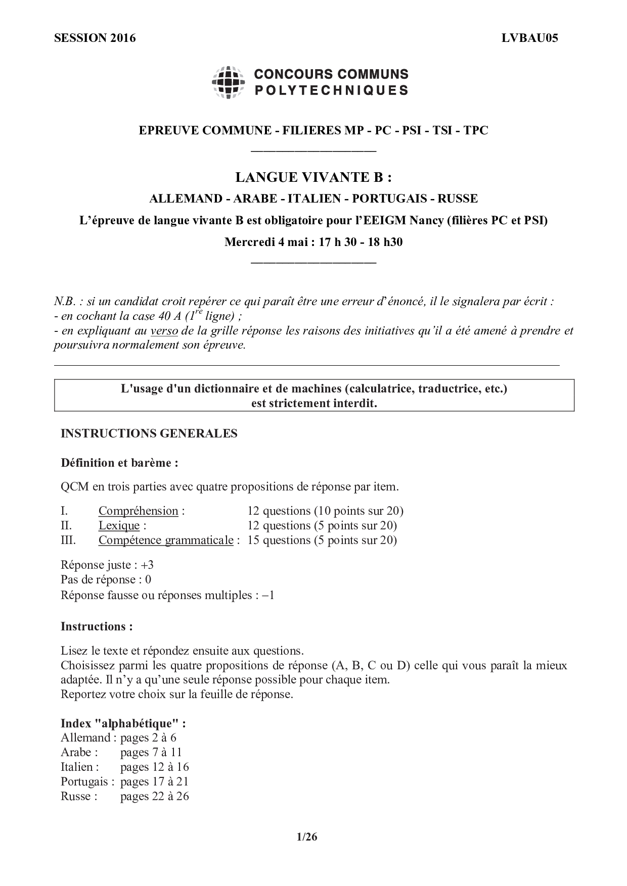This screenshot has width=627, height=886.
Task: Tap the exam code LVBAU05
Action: tap(529, 38)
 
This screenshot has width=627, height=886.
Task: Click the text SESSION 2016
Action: tap(95, 38)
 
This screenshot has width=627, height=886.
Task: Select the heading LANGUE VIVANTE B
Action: tap(313, 177)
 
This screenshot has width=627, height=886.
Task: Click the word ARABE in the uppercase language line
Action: tap(255, 199)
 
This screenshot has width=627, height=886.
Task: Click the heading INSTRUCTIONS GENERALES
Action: tap(149, 433)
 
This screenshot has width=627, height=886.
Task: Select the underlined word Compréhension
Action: tap(138, 511)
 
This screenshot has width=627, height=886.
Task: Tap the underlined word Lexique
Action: tap(119, 525)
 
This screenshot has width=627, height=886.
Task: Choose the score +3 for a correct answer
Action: tap(147, 565)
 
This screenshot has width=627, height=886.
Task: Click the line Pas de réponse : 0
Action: tap(106, 579)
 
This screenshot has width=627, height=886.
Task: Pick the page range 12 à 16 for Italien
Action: tap(154, 767)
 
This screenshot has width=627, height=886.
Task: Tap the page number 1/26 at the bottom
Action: tap(307, 837)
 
